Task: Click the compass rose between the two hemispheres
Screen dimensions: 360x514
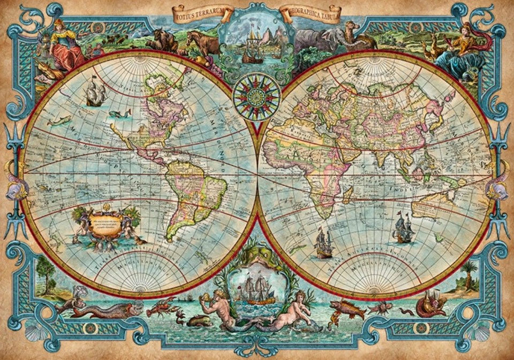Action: pyautogui.click(x=256, y=96)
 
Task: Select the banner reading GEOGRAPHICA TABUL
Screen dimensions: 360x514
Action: pyautogui.click(x=311, y=13)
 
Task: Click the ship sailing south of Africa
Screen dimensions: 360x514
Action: pyautogui.click(x=323, y=243)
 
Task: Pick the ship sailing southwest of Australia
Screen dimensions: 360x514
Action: pyautogui.click(x=403, y=229)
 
